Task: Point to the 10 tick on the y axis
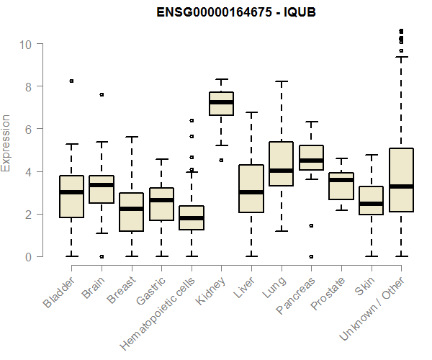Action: (26, 44)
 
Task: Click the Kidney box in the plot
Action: (221, 104)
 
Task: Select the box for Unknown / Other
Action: (401, 180)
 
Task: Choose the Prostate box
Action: (341, 186)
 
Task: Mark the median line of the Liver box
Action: (251, 192)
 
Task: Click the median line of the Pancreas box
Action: (311, 161)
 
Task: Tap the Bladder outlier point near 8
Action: (71, 81)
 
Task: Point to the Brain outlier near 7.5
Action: (102, 94)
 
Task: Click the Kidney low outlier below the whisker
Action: (221, 160)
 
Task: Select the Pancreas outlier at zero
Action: (311, 256)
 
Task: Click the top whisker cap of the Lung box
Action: (281, 81)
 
